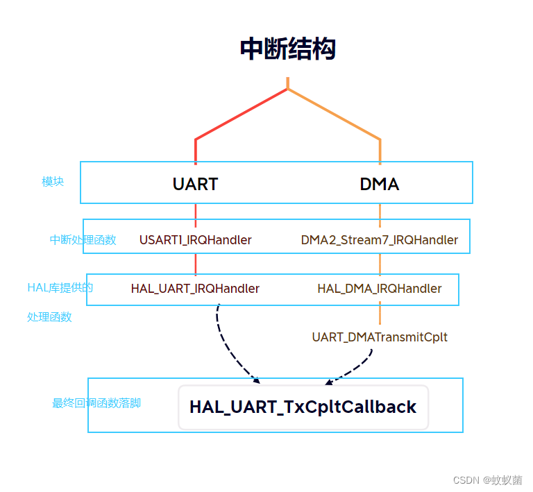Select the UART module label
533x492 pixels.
[195, 184]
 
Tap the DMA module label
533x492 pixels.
[379, 184]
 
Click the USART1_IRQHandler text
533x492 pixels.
[195, 240]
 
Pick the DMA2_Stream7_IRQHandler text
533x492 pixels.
[379, 240]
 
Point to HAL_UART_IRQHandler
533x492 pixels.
[195, 289]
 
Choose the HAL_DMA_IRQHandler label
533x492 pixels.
[379, 289]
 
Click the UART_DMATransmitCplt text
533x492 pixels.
[379, 337]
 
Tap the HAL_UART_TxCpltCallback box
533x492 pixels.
[303, 407]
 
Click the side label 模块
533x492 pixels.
[53, 182]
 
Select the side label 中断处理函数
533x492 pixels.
[83, 240]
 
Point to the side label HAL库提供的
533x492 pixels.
[60, 287]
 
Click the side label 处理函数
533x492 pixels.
[49, 317]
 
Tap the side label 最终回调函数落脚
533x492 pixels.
[96, 403]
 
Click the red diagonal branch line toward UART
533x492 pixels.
[242, 114]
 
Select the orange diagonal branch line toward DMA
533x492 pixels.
[335, 114]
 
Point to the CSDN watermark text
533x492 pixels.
[487, 480]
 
